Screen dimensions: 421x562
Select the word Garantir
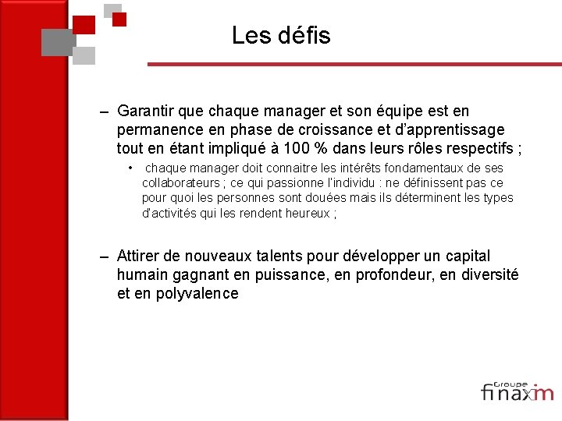tap(146, 111)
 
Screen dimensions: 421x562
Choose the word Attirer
tap(140, 256)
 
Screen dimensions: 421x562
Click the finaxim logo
tap(517, 391)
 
